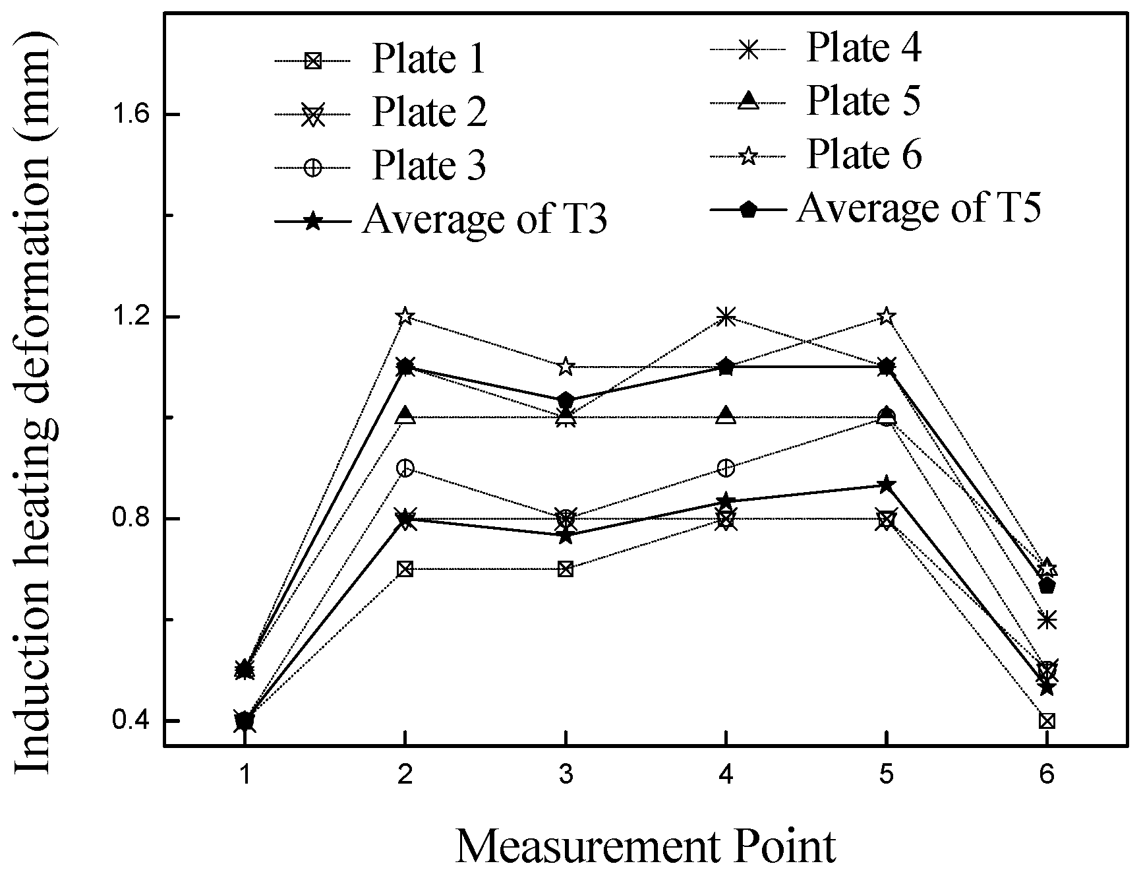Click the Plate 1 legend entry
pyautogui.click(x=428, y=59)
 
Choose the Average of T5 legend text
pyautogui.click(x=919, y=208)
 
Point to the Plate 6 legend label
pyautogui.click(x=863, y=154)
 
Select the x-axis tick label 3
pyautogui.click(x=566, y=774)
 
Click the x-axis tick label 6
pyautogui.click(x=1047, y=774)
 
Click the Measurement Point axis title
pyautogui.click(x=646, y=846)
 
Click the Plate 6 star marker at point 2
pyautogui.click(x=405, y=317)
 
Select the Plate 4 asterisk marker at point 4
pyautogui.click(x=726, y=317)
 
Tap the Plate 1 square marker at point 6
pyautogui.click(x=1047, y=720)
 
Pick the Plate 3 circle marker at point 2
pyautogui.click(x=405, y=468)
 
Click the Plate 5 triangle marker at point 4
pyautogui.click(x=726, y=416)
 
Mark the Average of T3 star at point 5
pyautogui.click(x=887, y=485)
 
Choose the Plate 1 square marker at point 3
pyautogui.click(x=566, y=569)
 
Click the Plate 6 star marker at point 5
pyautogui.click(x=887, y=317)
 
